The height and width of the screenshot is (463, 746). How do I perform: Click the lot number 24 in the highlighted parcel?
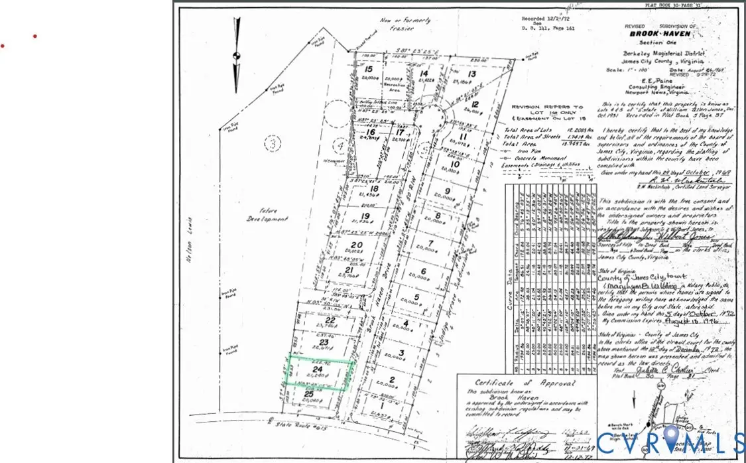(318, 369)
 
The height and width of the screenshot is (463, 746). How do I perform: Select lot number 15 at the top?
(369, 69)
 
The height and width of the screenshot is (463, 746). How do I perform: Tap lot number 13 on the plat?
(472, 74)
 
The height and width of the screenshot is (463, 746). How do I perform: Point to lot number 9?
(448, 192)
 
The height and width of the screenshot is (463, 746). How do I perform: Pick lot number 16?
(371, 132)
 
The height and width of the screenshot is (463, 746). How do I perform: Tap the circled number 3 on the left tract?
(271, 142)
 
